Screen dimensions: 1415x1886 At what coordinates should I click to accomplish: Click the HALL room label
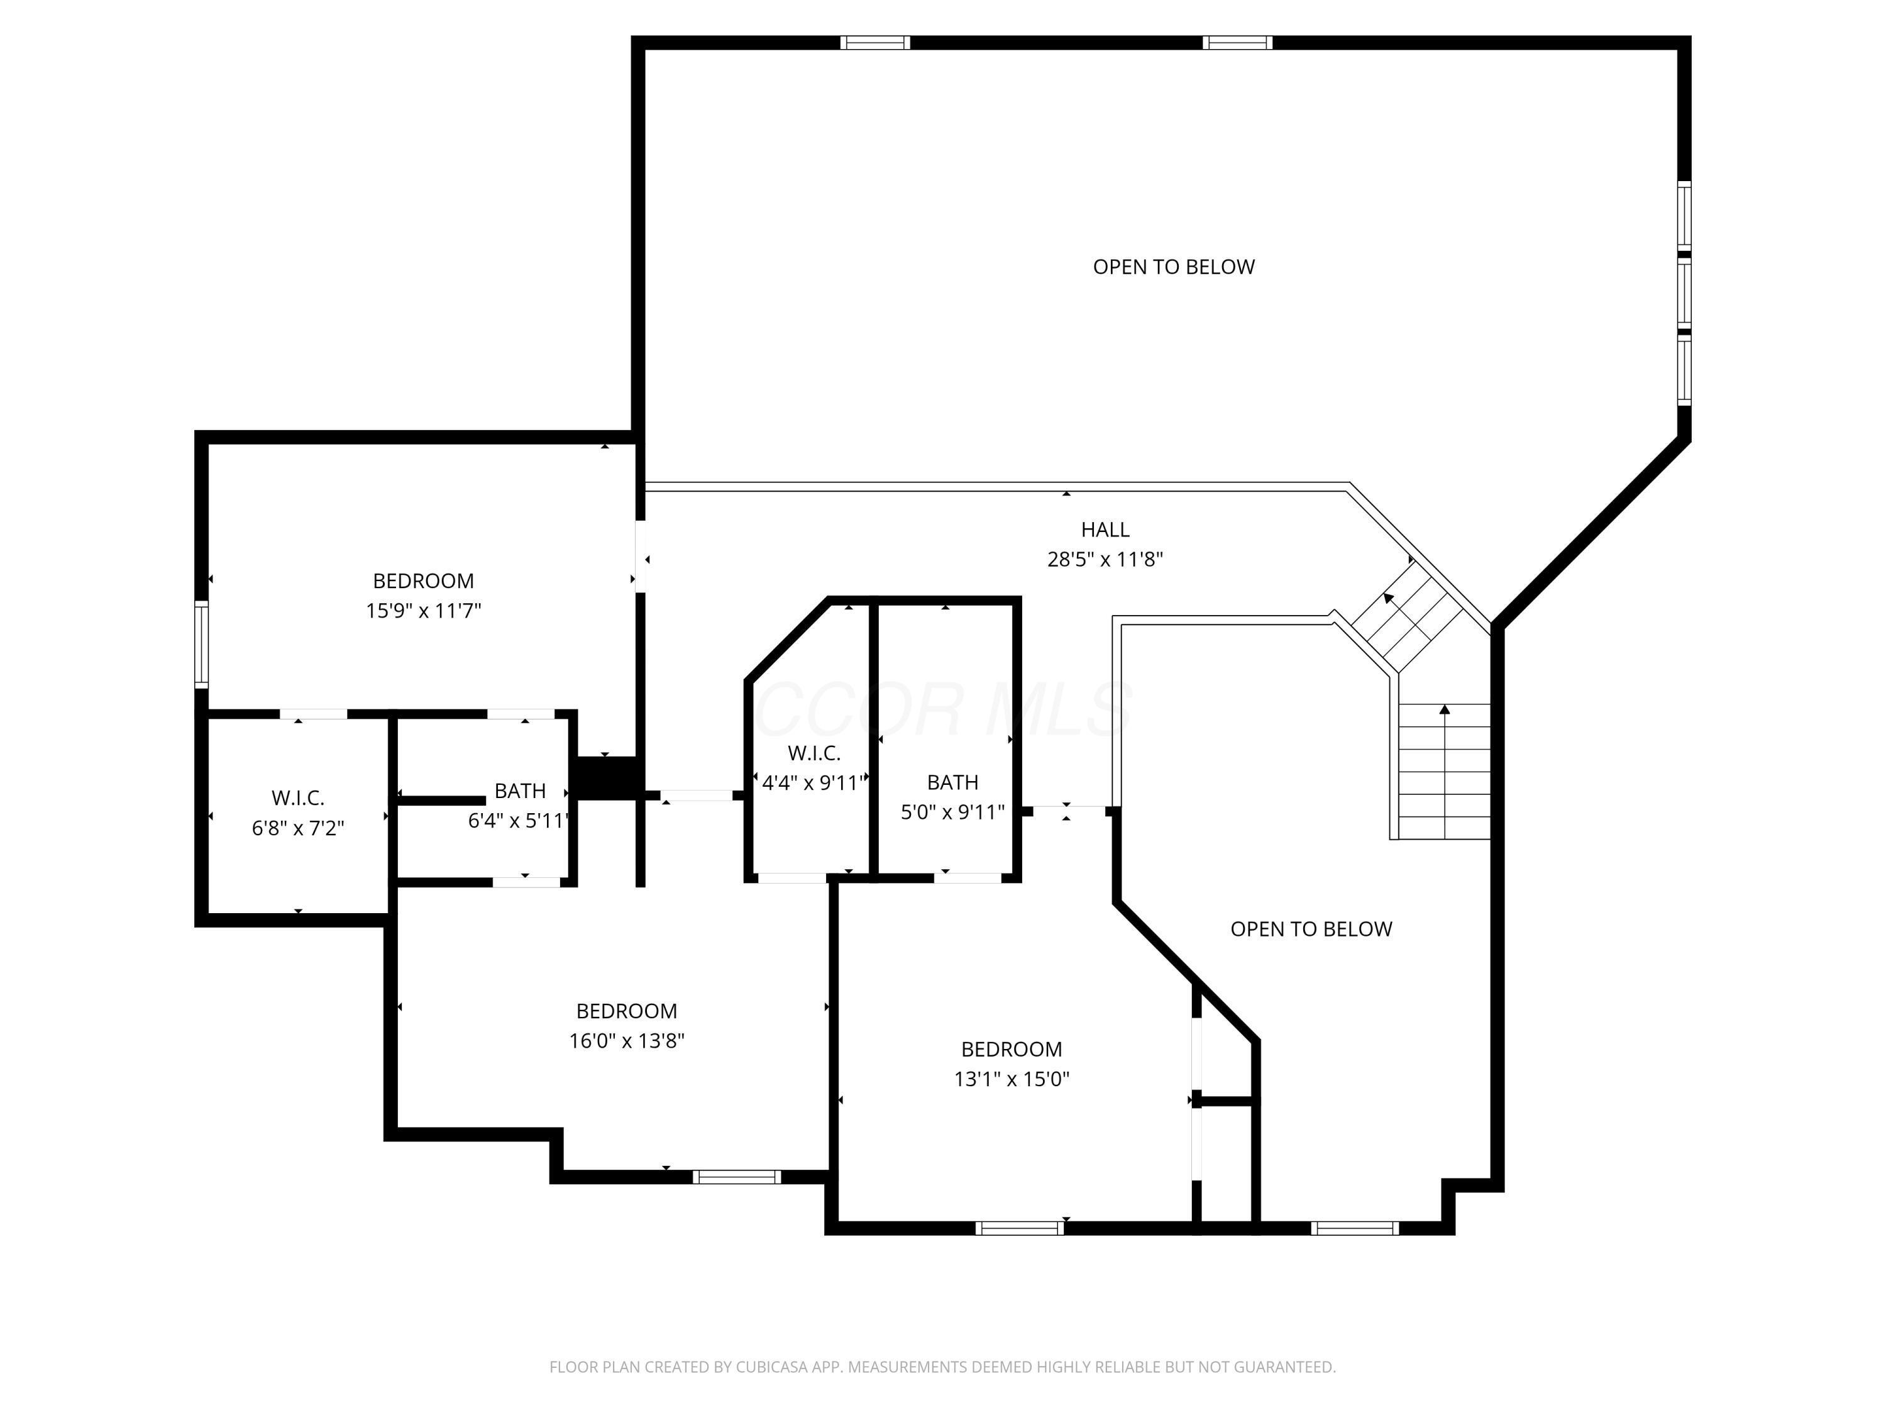click(1105, 530)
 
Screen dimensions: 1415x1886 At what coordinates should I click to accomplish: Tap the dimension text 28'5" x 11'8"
click(1105, 560)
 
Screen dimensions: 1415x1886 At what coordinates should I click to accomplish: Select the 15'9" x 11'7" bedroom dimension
click(424, 611)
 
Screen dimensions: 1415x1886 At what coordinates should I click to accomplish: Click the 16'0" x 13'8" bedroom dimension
click(627, 1041)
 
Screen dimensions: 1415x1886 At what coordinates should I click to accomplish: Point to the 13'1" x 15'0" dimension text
click(1011, 1079)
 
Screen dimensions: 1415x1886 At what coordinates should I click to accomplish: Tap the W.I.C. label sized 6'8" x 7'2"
click(297, 798)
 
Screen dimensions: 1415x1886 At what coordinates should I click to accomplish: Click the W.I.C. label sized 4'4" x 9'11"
click(813, 753)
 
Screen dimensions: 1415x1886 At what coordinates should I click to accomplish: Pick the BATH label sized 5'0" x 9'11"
click(952, 782)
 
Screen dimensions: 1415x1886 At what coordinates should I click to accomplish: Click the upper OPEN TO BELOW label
click(1173, 267)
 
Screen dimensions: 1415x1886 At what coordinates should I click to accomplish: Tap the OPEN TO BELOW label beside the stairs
click(1311, 929)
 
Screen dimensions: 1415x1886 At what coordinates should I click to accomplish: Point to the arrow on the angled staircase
click(1389, 598)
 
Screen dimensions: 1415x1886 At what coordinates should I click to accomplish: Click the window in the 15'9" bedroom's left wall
click(201, 644)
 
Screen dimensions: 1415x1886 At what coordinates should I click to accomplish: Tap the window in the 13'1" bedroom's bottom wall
click(1020, 1228)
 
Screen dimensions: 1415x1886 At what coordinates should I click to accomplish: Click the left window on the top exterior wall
click(875, 43)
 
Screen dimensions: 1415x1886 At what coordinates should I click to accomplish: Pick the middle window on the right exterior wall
click(1684, 292)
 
